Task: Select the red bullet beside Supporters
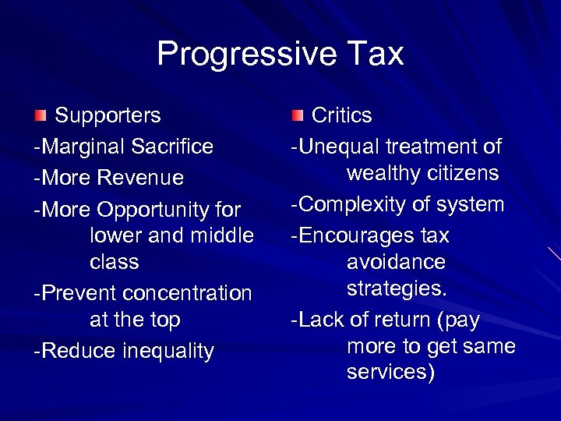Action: pyautogui.click(x=40, y=116)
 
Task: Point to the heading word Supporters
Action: pyautogui.click(x=108, y=116)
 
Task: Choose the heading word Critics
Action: pyautogui.click(x=341, y=116)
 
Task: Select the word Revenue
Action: pyautogui.click(x=140, y=178)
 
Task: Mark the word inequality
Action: pyautogui.click(x=168, y=352)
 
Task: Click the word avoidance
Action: pyautogui.click(x=396, y=262)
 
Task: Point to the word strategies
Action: pyautogui.click(x=397, y=289)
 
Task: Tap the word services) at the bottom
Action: pyautogui.click(x=391, y=373)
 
